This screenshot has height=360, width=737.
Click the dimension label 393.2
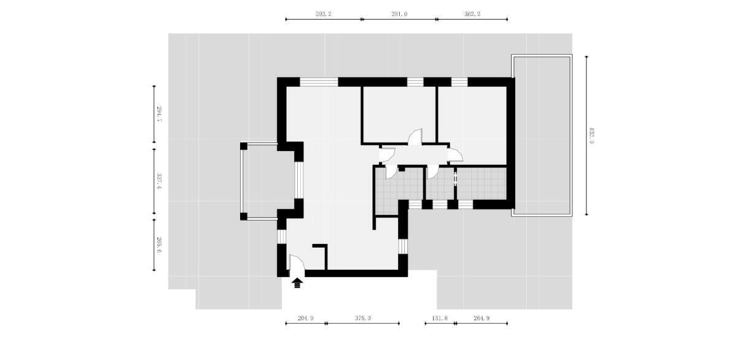pyautogui.click(x=324, y=14)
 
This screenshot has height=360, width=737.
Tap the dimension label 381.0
pyautogui.click(x=399, y=14)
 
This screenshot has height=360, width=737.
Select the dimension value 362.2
pyautogui.click(x=472, y=14)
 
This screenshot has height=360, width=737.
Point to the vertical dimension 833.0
pyautogui.click(x=591, y=136)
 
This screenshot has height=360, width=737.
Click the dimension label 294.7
pyautogui.click(x=159, y=114)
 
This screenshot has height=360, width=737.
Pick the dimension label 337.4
pyautogui.click(x=159, y=181)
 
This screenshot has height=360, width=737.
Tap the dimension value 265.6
pyautogui.click(x=159, y=245)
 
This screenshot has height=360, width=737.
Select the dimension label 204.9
pyautogui.click(x=305, y=318)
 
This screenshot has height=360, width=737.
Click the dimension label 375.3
pyautogui.click(x=362, y=318)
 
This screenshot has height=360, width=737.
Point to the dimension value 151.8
pyautogui.click(x=440, y=318)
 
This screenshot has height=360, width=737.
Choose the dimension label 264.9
pyautogui.click(x=482, y=318)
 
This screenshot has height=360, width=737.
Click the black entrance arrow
pyautogui.click(x=297, y=283)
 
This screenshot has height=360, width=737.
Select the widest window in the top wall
pyautogui.click(x=319, y=82)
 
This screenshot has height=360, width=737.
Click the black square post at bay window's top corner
pyautogui.click(x=243, y=146)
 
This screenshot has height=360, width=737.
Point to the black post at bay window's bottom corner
pyautogui.click(x=243, y=216)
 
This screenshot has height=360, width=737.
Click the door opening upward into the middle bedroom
pyautogui.click(x=415, y=138)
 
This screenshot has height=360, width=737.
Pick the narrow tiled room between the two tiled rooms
pyautogui.click(x=440, y=183)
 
